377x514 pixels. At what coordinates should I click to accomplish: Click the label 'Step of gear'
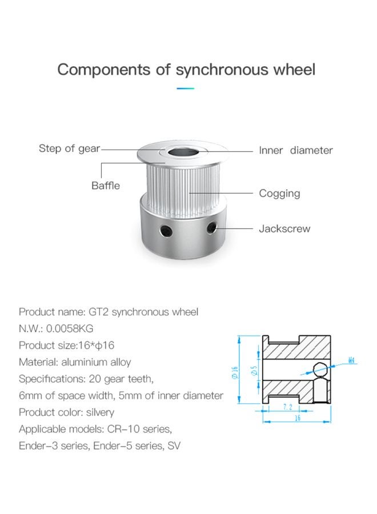(69, 148)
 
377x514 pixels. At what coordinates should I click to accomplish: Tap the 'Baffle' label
(106, 186)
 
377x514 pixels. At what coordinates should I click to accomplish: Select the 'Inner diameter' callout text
(296, 150)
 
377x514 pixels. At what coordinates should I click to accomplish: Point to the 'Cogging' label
(279, 194)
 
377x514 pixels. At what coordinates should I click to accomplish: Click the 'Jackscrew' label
(284, 228)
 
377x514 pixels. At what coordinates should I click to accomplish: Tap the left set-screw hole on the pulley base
(166, 231)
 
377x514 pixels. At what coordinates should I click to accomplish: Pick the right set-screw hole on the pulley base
(212, 227)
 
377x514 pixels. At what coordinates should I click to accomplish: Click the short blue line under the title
(185, 89)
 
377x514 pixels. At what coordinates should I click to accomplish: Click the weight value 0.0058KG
(70, 328)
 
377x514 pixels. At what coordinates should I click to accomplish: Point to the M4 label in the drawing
(351, 360)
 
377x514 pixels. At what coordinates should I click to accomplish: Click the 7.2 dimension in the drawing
(287, 407)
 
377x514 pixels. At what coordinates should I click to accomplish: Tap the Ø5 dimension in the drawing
(254, 371)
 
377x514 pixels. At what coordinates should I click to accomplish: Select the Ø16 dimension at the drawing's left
(235, 373)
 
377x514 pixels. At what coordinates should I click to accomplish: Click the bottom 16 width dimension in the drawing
(298, 418)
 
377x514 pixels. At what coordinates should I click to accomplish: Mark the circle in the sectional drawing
(320, 370)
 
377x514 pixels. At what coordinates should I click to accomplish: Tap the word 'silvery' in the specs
(100, 412)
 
